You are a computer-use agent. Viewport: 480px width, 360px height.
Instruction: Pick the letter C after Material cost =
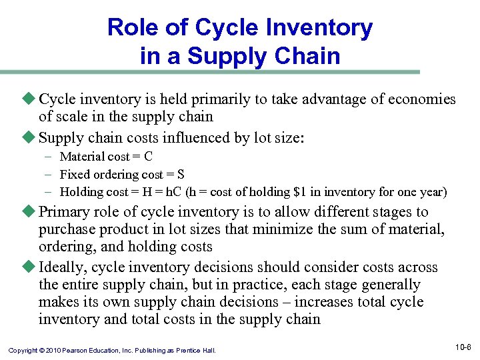[148, 157]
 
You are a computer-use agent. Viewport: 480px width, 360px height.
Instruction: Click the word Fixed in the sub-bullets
[73, 175]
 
